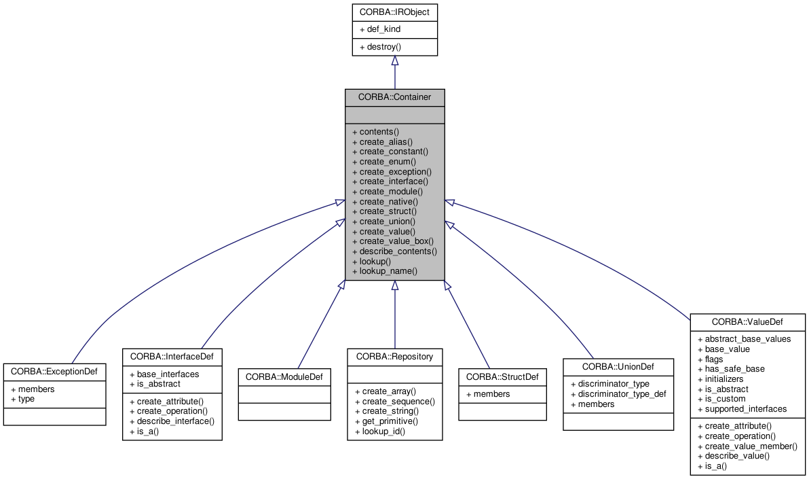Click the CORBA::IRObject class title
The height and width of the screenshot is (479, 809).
(394, 12)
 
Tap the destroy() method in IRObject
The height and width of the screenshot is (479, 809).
(383, 47)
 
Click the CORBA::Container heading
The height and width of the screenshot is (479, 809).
(394, 97)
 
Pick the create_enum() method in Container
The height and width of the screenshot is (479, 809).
(388, 162)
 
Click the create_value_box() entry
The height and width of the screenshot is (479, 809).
(396, 241)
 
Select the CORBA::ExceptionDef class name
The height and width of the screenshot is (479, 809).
(54, 372)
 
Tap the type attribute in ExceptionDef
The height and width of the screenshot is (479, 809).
(26, 399)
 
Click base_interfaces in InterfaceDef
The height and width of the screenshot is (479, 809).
(168, 374)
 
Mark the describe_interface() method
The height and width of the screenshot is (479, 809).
(175, 421)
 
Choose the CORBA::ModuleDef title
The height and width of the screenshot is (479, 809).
(284, 376)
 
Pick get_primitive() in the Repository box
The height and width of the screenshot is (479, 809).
(390, 421)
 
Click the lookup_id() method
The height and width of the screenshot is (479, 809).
(383, 431)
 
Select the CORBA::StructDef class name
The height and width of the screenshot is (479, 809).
(502, 376)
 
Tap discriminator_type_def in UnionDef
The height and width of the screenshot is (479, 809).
(618, 394)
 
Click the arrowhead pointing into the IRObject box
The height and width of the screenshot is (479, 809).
(394, 61)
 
